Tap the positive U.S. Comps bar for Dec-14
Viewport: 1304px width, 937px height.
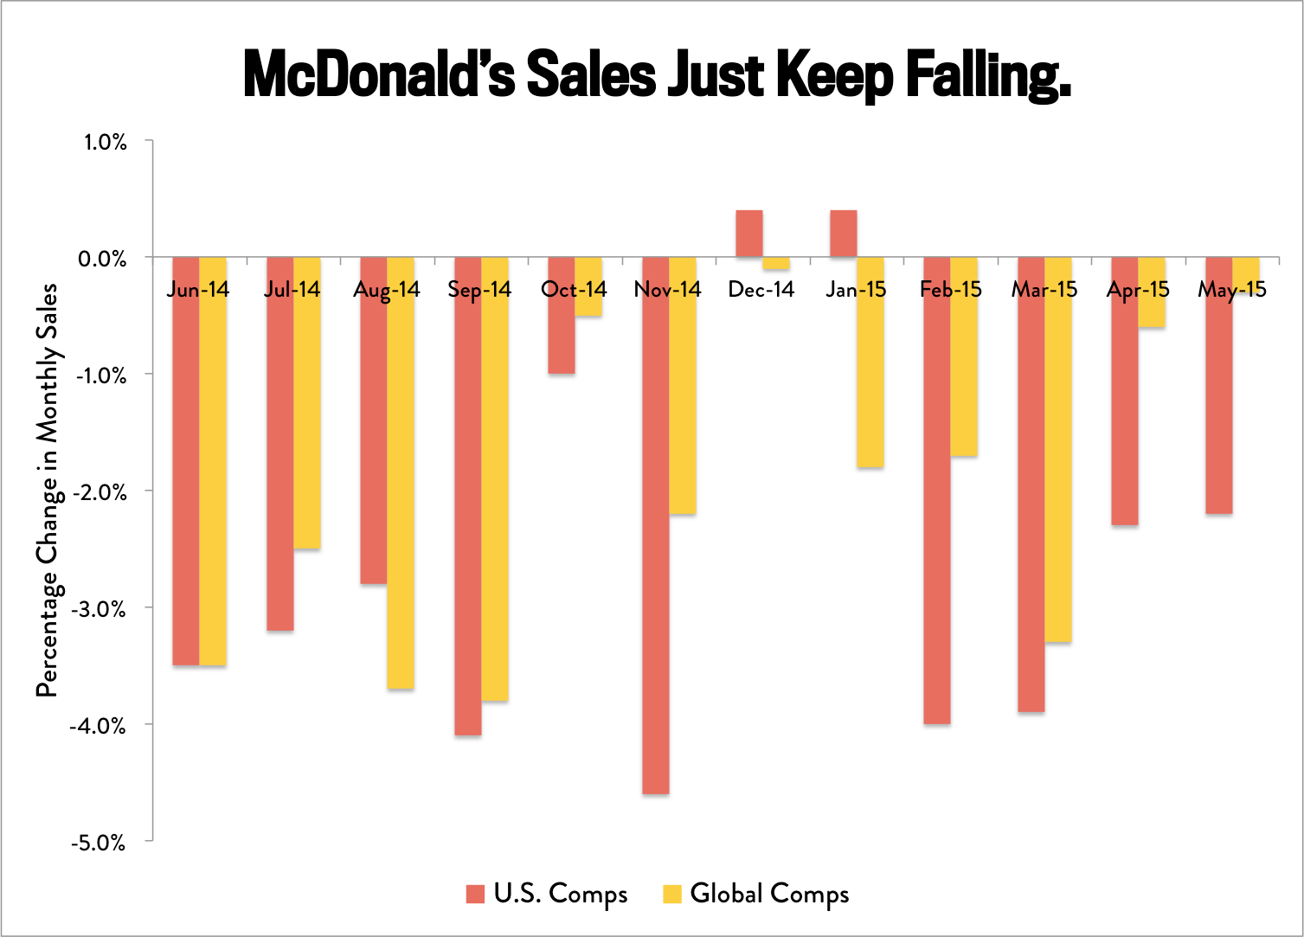(748, 234)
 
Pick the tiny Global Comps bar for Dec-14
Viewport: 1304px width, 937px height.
(776, 264)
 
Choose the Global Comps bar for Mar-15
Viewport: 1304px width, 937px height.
(1058, 467)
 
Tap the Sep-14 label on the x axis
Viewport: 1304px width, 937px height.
(479, 290)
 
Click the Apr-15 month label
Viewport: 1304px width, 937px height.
(1138, 290)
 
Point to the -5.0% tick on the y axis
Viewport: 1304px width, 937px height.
(98, 843)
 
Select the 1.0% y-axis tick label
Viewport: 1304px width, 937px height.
(105, 142)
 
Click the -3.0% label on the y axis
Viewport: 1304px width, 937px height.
(98, 609)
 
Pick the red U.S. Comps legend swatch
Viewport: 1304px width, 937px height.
(475, 894)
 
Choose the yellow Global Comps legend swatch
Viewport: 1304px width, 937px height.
(671, 894)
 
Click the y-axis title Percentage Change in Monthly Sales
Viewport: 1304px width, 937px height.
(47, 490)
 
